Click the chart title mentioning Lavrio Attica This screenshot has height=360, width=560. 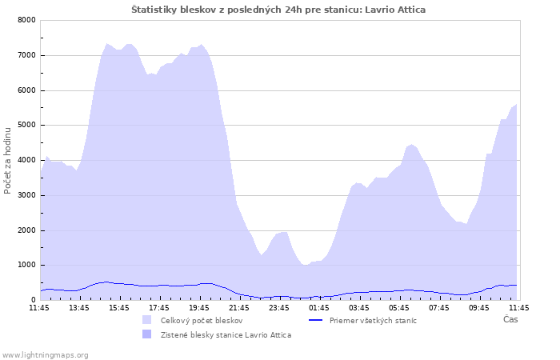(278, 10)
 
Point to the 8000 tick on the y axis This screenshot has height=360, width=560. (26, 20)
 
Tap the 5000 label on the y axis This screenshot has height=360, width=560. (26, 125)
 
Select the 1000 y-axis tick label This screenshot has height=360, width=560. (26, 265)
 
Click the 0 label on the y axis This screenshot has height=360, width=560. (34, 300)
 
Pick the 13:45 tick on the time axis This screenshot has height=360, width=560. (79, 308)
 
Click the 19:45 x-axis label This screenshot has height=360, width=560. (199, 308)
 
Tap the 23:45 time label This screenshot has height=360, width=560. (279, 308)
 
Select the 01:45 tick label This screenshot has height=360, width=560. (319, 308)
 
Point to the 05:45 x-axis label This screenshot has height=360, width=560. (399, 308)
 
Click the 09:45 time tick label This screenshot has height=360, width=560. (479, 308)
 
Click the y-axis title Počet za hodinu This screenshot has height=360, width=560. (7, 161)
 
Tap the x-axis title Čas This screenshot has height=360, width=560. (510, 319)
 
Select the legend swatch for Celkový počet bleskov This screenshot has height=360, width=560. (146, 320)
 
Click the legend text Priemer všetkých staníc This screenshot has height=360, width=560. (373, 321)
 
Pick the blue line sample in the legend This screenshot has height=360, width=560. (315, 320)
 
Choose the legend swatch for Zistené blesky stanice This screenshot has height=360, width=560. (146, 334)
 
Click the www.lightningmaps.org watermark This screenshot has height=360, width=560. (45, 355)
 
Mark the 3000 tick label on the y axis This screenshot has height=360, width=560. (26, 195)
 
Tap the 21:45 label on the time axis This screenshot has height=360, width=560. (239, 308)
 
